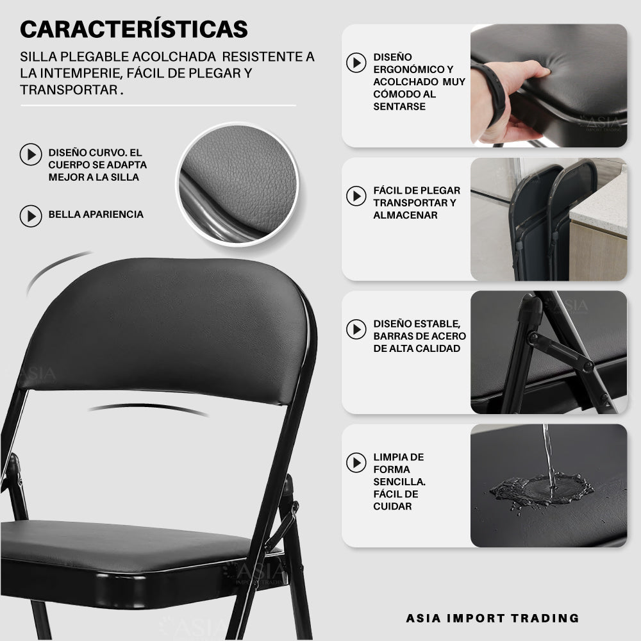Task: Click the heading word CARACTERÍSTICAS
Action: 134,29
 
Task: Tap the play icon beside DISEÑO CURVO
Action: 31,154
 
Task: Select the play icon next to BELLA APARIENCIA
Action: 31,216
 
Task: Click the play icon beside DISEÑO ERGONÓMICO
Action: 356,63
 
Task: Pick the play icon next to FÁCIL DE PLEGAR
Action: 356,196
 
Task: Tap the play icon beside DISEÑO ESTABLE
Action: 356,329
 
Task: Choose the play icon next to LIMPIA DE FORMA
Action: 356,462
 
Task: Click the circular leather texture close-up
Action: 238,184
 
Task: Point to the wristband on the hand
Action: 492,92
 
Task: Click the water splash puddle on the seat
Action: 541,490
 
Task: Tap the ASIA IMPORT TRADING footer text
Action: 492,618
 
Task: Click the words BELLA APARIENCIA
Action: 96,214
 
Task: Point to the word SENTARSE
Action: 399,106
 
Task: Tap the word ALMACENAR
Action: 405,215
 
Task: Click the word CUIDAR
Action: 392,506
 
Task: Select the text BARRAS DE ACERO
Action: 419,336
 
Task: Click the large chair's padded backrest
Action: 163,327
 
